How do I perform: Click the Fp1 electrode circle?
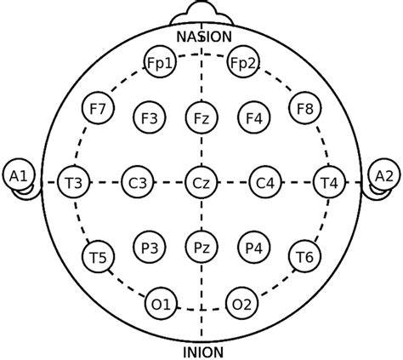point(161,62)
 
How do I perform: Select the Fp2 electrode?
point(243,62)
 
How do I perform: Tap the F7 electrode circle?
point(98,108)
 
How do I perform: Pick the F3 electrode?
point(150,117)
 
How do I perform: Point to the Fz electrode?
point(201,117)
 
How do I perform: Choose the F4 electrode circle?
point(254,117)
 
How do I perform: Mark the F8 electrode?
point(305,108)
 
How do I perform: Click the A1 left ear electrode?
point(19,175)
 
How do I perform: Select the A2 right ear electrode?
point(384,175)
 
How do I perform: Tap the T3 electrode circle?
point(74,182)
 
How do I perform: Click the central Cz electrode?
point(201,182)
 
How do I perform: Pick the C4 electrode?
point(266,182)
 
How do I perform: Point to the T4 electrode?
point(330,182)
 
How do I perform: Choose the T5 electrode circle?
point(98,256)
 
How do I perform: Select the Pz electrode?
point(201,247)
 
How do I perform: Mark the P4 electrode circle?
point(254,247)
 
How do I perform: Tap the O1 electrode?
point(161,304)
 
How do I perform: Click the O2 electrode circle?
point(243,304)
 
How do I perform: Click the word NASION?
point(204,37)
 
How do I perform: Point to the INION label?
point(203,352)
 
